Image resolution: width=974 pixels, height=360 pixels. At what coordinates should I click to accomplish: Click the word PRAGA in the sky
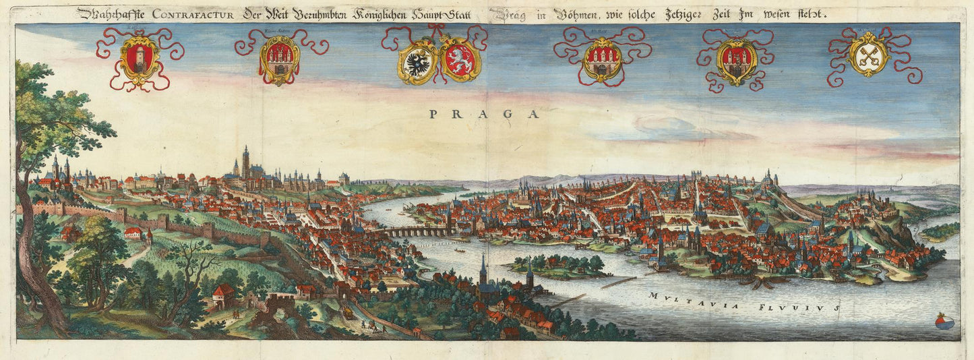485,114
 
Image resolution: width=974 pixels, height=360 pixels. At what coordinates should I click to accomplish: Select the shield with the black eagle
419,61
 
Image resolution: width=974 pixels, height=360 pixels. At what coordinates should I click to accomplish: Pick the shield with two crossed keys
868,55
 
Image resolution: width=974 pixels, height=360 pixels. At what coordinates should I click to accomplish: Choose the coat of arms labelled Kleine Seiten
279,59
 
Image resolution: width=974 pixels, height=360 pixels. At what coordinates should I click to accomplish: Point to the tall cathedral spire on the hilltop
246,160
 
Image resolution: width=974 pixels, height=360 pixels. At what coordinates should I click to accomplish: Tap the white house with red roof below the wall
133,233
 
